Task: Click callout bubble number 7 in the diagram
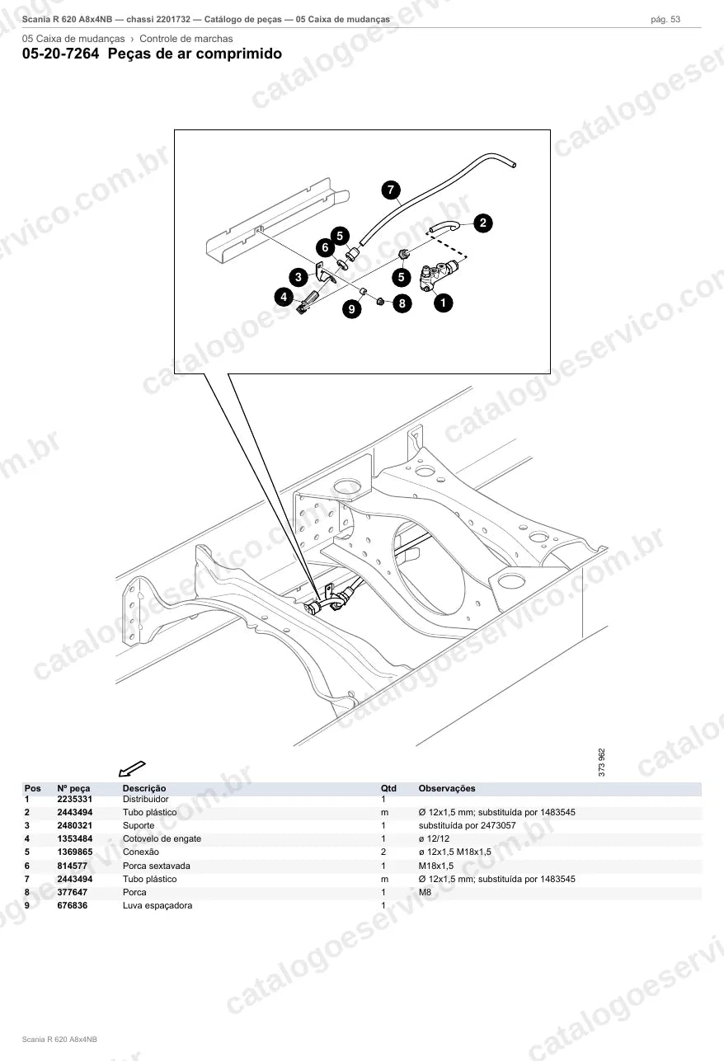tap(391, 190)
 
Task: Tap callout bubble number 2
tap(483, 223)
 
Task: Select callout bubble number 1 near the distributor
tap(443, 303)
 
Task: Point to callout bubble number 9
tap(351, 309)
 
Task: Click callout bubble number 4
tap(284, 297)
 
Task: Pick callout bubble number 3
tap(299, 277)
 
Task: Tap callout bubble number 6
tap(325, 247)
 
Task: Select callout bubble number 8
tap(402, 303)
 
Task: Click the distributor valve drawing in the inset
tap(439, 275)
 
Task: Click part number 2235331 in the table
tap(75, 799)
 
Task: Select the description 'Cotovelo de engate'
tap(162, 838)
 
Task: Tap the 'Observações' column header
tap(447, 788)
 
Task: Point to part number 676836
tap(72, 905)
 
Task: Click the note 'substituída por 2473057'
tap(468, 825)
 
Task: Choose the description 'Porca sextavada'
tap(157, 866)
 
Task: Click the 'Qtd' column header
tap(388, 788)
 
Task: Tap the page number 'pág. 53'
tap(665, 20)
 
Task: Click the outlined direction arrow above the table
tap(132, 769)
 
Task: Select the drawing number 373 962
tap(602, 762)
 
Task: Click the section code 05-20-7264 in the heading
tap(61, 54)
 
